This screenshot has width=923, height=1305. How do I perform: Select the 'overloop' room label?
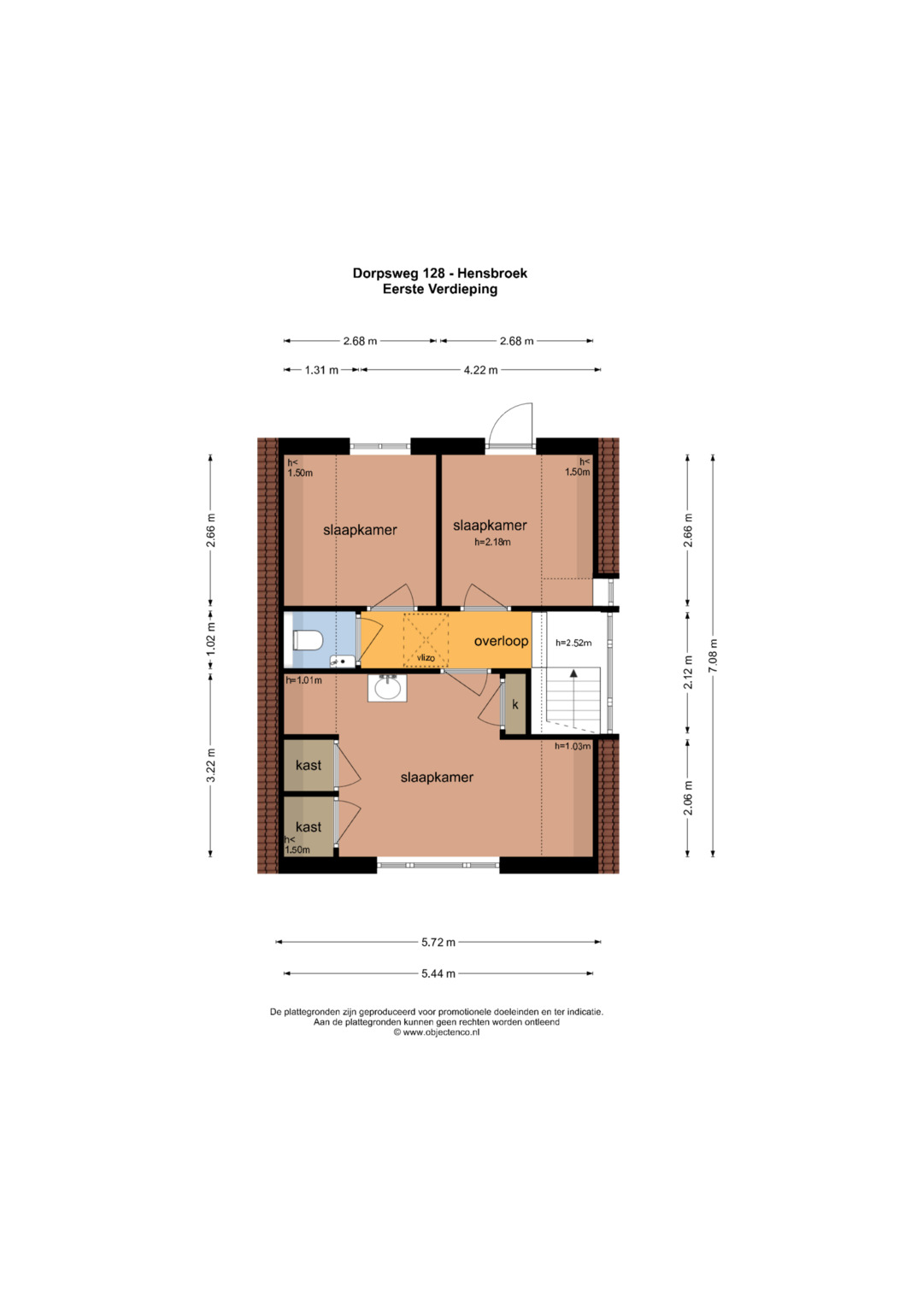point(501,641)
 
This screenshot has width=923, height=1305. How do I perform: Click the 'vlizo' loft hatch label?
point(426,658)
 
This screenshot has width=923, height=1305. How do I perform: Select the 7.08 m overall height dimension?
point(713,655)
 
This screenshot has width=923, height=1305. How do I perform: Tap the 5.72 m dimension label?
point(438,942)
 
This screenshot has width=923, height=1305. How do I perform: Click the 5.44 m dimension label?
point(438,973)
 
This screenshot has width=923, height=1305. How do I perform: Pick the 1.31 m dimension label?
point(321,370)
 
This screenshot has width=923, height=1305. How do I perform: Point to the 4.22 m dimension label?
point(480,370)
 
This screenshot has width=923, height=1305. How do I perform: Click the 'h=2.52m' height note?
point(573,644)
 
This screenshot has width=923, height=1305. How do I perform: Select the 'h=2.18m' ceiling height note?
point(492,542)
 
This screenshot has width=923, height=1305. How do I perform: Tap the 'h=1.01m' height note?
point(303,680)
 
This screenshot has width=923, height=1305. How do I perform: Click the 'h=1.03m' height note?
point(573,746)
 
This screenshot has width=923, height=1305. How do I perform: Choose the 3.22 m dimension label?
point(211,766)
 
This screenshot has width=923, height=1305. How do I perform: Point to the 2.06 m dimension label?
point(688,797)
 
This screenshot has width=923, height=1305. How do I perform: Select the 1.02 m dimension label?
point(211,638)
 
